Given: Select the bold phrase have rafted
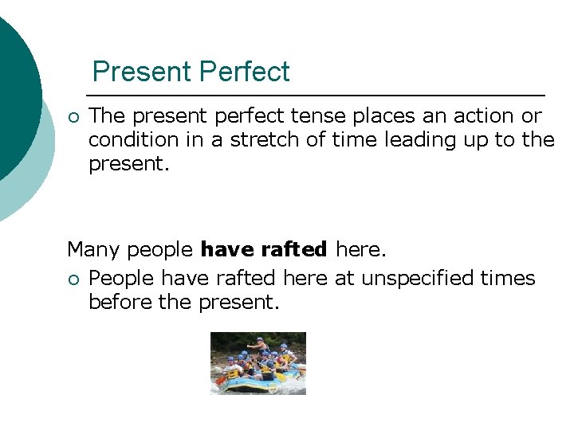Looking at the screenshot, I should [264, 250].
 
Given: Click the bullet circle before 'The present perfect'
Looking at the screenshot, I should [73, 117].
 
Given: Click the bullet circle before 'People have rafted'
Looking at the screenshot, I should [73, 279].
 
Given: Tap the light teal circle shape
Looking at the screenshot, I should [36, 183].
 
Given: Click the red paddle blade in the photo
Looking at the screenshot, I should [218, 382].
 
